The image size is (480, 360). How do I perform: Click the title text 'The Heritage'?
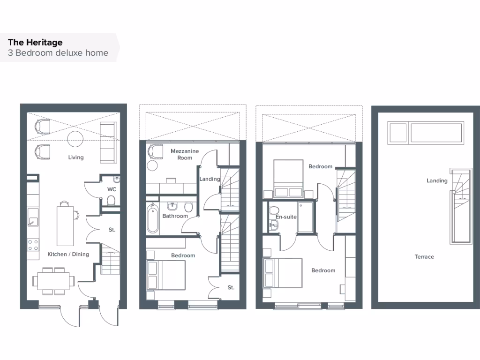pyautogui.click(x=35, y=43)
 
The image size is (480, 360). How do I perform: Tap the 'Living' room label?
pyautogui.click(x=76, y=157)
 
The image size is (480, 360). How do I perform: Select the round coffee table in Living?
pyautogui.click(x=75, y=139)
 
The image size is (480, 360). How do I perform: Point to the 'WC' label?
pyautogui.click(x=112, y=189)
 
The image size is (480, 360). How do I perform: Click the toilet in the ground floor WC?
pyautogui.click(x=111, y=201)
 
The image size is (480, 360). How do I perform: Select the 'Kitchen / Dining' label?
pyautogui.click(x=68, y=255)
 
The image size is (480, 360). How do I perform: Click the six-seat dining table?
pyautogui.click(x=52, y=280)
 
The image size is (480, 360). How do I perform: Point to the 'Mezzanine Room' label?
pyautogui.click(x=185, y=154)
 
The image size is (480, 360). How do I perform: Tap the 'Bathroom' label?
pyautogui.click(x=175, y=216)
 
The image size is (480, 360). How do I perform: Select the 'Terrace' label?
pyautogui.click(x=424, y=257)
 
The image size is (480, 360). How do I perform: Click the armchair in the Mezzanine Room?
pyautogui.click(x=154, y=152)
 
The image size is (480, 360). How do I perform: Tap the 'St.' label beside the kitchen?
pyautogui.click(x=112, y=230)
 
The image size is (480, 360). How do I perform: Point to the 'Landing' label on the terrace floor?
pyautogui.click(x=437, y=181)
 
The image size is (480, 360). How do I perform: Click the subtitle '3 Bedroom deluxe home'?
pyautogui.click(x=58, y=53)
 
